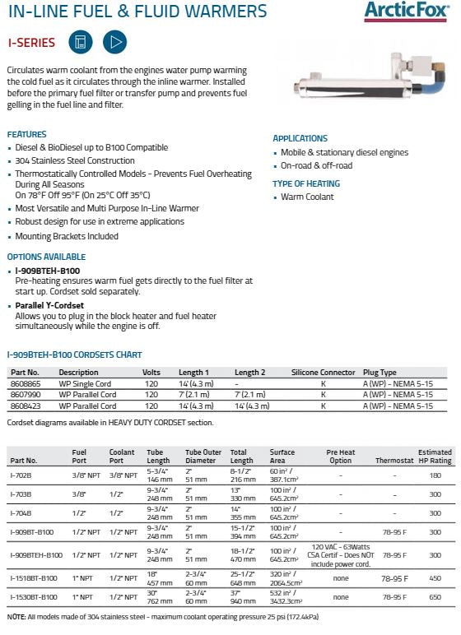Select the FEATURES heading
click(27, 134)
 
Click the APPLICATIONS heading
click(300, 138)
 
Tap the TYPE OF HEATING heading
click(305, 184)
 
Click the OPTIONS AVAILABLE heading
click(46, 257)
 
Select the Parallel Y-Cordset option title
click(49, 305)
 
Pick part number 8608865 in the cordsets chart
click(26, 383)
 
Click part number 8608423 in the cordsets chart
click(26, 406)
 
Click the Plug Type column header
click(380, 373)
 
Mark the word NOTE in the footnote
click(16, 616)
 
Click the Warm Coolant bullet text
click(308, 197)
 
